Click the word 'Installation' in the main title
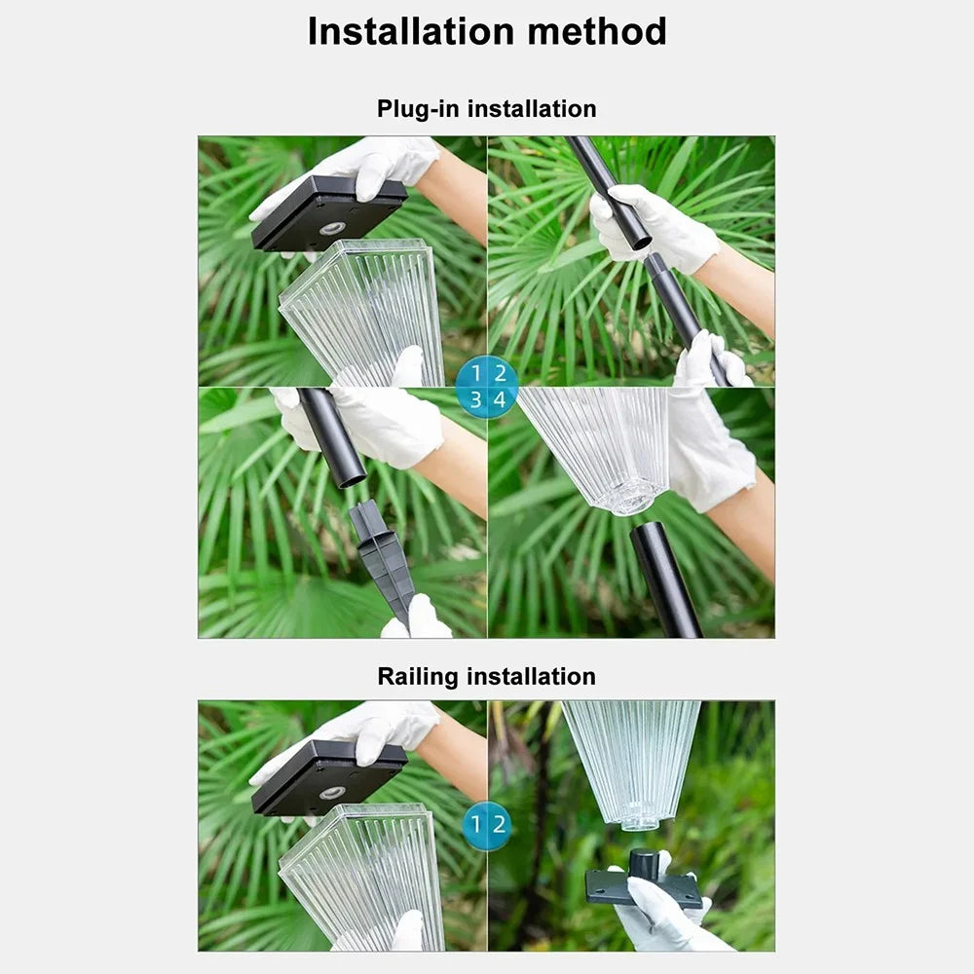(411, 31)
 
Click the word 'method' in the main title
(597, 31)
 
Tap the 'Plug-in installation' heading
(486, 109)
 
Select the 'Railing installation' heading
(486, 677)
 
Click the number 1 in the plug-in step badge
(476, 373)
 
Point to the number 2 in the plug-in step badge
(500, 373)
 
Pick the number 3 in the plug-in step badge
(476, 399)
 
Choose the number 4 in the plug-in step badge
(500, 399)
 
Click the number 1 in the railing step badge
(476, 824)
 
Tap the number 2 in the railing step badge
(500, 824)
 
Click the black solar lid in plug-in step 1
(329, 212)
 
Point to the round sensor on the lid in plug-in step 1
(333, 228)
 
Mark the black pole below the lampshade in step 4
(665, 579)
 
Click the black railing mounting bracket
(644, 883)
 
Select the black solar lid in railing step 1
(329, 777)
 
